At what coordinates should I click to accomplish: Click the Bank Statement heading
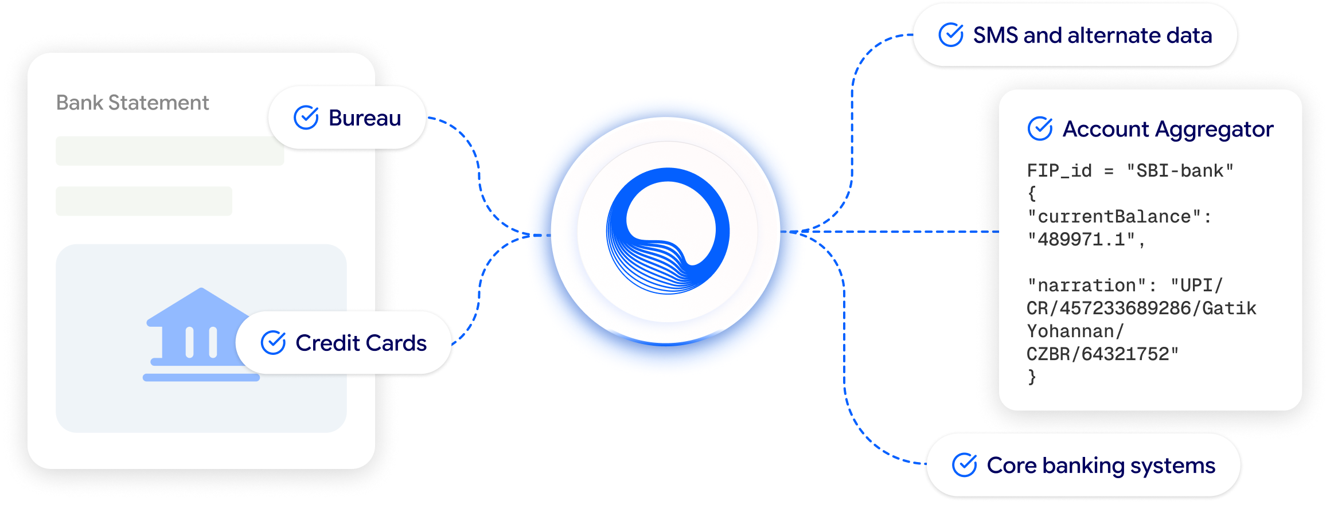[x=132, y=103]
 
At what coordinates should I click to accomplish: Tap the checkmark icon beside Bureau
[x=306, y=118]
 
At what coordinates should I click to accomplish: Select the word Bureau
[x=365, y=118]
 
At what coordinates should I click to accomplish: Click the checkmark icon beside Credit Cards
[x=274, y=343]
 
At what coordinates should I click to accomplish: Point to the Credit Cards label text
[x=361, y=343]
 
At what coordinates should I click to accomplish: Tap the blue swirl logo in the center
[x=668, y=231]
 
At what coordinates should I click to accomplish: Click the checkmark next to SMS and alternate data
[x=951, y=35]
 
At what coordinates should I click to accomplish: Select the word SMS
[x=996, y=36]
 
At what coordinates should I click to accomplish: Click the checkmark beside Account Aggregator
[x=1040, y=128]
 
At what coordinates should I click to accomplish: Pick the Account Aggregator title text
[x=1168, y=130]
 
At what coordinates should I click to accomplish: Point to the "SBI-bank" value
[x=1180, y=171]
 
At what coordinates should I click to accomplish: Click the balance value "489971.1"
[x=1081, y=240]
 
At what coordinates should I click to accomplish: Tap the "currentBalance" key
[x=1114, y=217]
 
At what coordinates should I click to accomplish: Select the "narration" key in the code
[x=1081, y=286]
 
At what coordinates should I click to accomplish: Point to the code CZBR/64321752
[x=1102, y=354]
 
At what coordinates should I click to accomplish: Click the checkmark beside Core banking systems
[x=965, y=465]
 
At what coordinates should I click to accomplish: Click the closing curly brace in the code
[x=1032, y=377]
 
